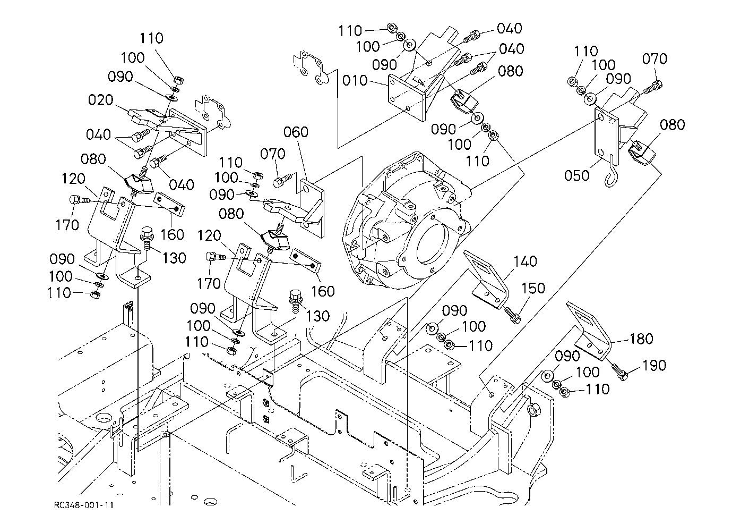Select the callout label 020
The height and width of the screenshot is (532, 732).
(x=101, y=99)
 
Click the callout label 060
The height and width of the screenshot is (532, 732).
(x=296, y=132)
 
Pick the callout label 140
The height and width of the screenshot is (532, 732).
(x=525, y=261)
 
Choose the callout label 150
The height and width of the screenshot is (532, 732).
(x=533, y=288)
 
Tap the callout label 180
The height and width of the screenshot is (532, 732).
(x=641, y=339)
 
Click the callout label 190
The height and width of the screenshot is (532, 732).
(x=655, y=366)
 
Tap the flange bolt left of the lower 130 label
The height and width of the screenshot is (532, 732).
(x=295, y=301)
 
